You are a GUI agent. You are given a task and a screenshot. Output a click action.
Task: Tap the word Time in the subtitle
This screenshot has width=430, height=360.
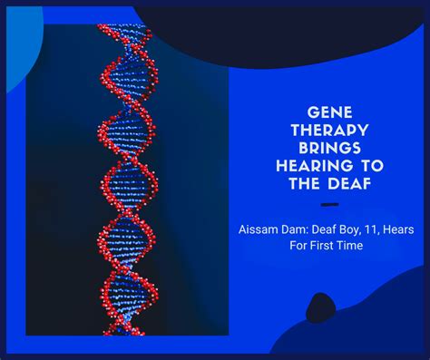tap(349, 246)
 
